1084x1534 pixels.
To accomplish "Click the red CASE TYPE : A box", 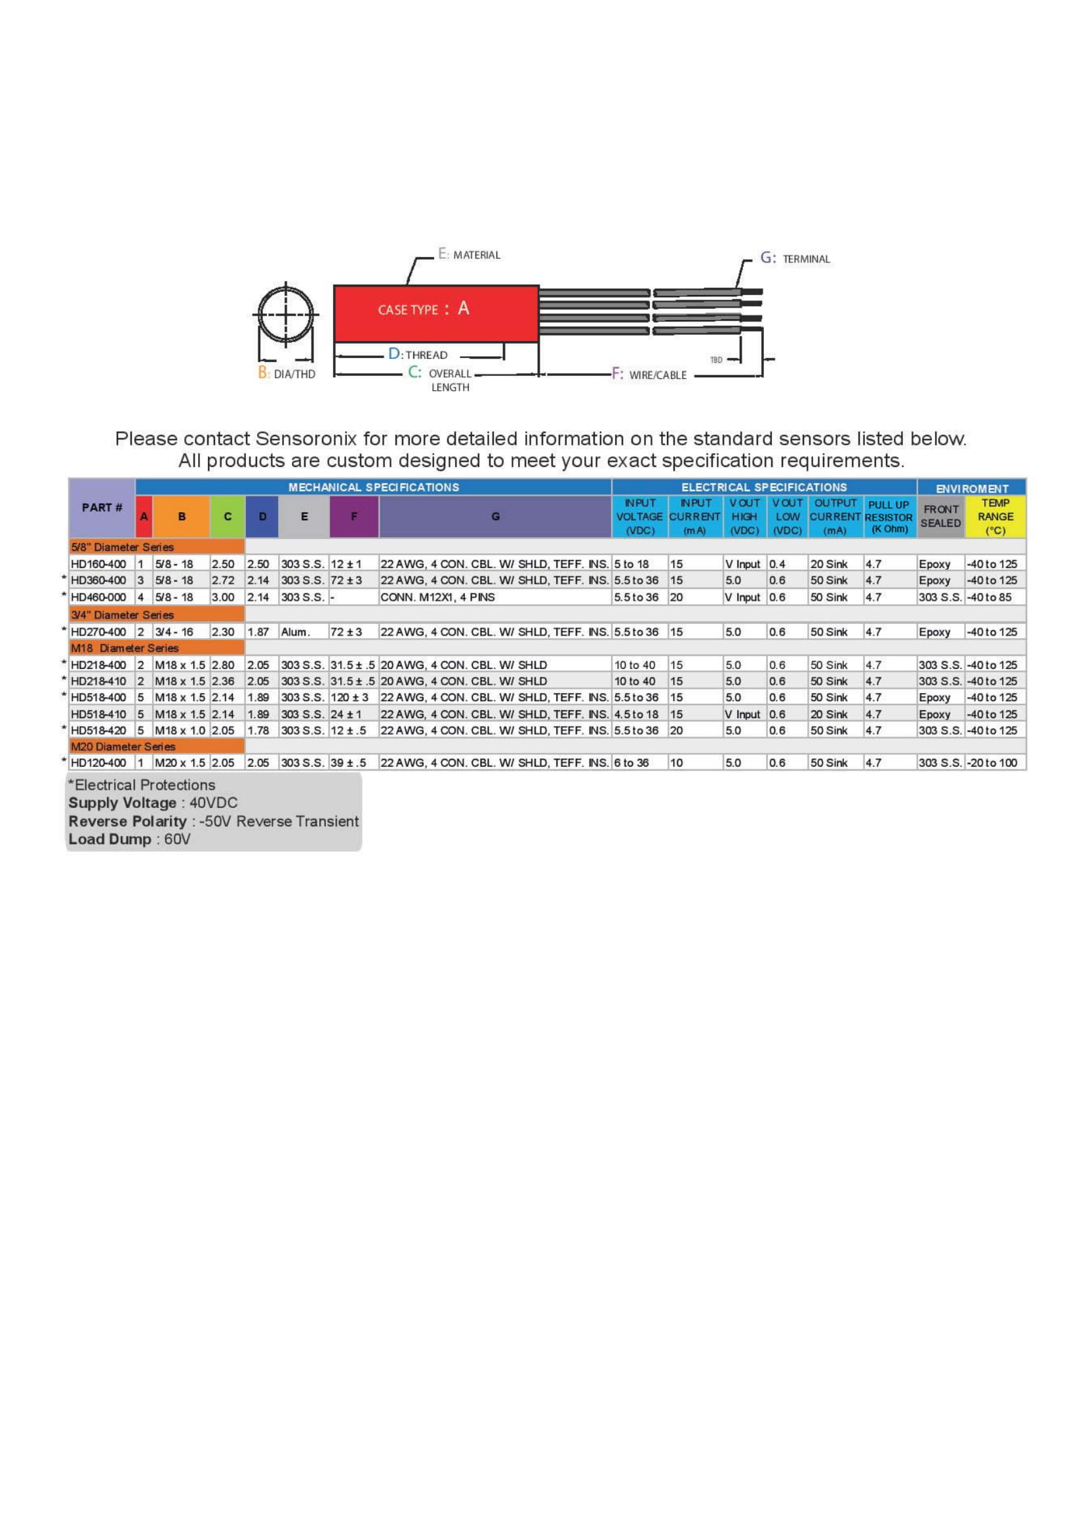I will click(x=435, y=313).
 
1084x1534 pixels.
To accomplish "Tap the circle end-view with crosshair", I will click(x=286, y=314).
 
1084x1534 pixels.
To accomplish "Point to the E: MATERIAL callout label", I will click(x=469, y=254).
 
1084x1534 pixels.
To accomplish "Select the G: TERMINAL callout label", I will click(x=795, y=258).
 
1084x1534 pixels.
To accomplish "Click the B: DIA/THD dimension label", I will click(x=287, y=373).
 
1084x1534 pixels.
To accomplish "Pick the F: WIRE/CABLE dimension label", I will click(x=649, y=375).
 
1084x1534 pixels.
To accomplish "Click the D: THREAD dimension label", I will click(x=418, y=354).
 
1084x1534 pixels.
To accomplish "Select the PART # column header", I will click(x=102, y=508).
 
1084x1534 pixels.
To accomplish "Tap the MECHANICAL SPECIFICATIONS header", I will click(x=373, y=487).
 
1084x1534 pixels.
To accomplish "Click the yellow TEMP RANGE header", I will click(x=995, y=516).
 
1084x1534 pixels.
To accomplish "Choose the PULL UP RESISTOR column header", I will click(x=889, y=516).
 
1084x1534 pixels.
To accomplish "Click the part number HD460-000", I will click(x=98, y=597).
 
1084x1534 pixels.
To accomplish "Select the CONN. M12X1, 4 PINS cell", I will click(x=437, y=597).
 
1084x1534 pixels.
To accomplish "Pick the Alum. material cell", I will click(x=295, y=632).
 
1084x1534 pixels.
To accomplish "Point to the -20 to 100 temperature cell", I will click(x=992, y=763).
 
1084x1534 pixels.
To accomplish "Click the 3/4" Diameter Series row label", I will click(x=122, y=615).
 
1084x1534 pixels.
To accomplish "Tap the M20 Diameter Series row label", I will click(x=123, y=746).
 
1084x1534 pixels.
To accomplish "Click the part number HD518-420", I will click(x=98, y=730).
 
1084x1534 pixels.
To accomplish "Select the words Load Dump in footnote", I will click(x=110, y=839).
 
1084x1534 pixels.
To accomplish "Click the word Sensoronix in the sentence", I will click(x=308, y=439).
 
